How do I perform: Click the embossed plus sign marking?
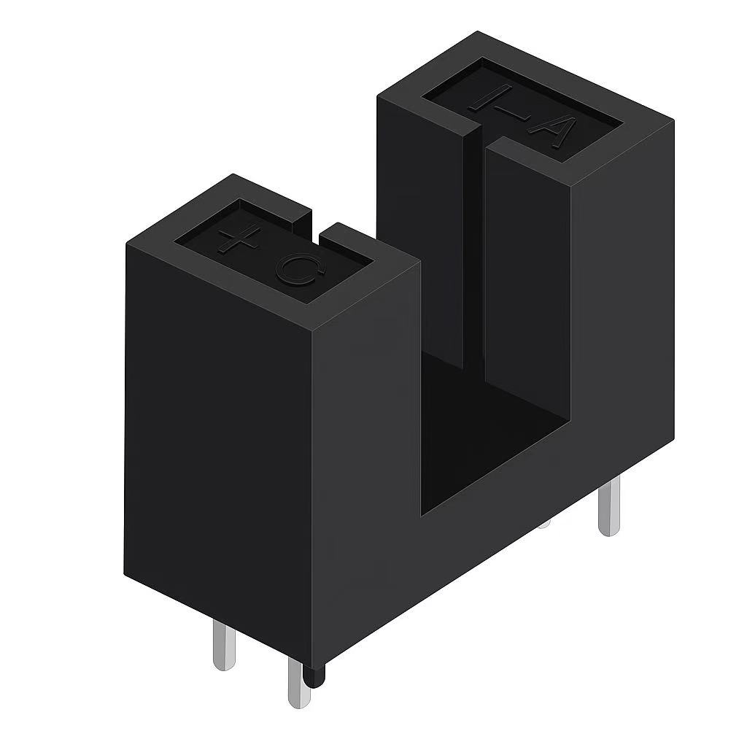[239, 240]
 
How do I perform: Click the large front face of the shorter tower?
[219, 438]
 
